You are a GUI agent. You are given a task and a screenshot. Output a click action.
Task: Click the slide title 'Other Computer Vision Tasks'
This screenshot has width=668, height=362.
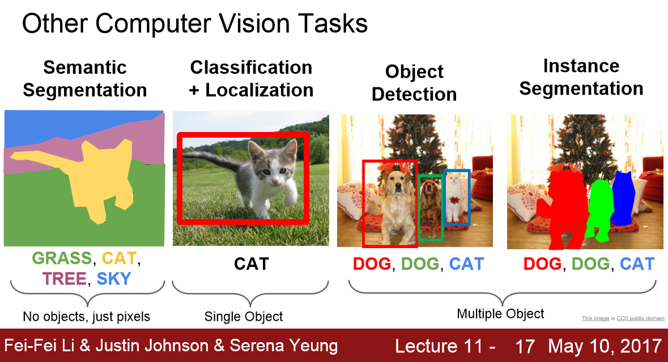[x=195, y=23]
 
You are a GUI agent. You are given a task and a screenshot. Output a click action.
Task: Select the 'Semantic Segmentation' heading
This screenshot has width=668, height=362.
[x=85, y=79]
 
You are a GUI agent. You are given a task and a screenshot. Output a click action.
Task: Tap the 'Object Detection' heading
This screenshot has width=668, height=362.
[x=414, y=83]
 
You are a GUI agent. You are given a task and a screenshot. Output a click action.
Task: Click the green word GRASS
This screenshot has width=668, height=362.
[x=62, y=258]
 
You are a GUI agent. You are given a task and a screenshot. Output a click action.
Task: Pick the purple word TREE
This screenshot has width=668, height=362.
[x=65, y=279]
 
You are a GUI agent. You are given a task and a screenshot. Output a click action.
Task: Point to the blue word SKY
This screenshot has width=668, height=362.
[x=114, y=279]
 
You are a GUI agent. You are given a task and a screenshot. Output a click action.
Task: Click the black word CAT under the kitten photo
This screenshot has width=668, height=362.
[x=252, y=264]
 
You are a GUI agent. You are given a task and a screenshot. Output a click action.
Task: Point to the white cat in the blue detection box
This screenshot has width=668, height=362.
[x=456, y=198]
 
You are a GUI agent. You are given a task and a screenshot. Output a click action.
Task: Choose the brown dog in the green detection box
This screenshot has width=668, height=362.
[x=430, y=205]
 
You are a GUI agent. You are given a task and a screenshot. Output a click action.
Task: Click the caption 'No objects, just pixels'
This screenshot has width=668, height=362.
[x=87, y=317]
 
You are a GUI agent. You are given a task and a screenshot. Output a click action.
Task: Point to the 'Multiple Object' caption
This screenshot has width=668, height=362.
[x=500, y=314]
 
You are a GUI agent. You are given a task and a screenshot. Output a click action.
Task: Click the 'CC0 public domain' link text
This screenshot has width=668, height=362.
[x=640, y=318]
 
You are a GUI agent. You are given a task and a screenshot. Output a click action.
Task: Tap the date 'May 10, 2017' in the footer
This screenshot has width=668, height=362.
[x=605, y=346]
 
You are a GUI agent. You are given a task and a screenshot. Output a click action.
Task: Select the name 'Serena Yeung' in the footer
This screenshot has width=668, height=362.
[x=284, y=346]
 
